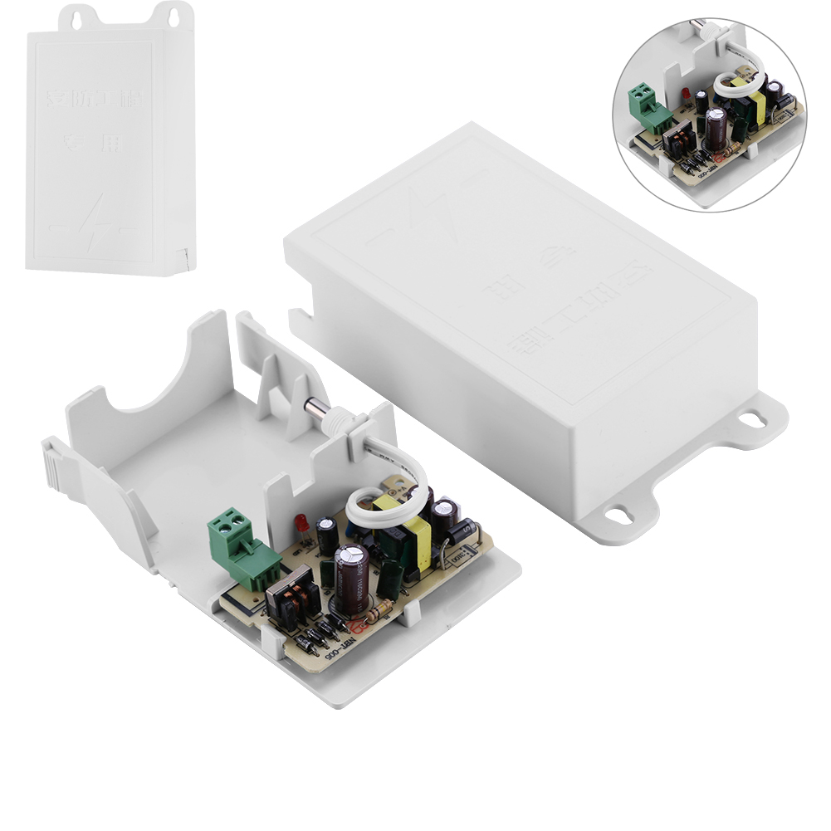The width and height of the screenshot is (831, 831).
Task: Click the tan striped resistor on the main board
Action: pos(379,613)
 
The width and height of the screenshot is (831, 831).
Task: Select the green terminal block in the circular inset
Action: pos(648,107)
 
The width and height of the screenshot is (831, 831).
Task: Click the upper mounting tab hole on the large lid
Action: pos(751,419)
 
